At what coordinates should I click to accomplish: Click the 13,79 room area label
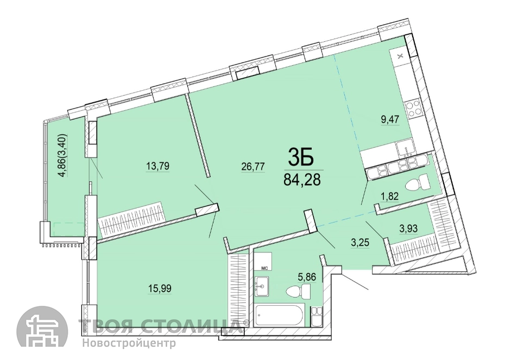[157, 167]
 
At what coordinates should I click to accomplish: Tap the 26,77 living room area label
[253, 167]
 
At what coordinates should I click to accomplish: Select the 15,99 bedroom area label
[160, 288]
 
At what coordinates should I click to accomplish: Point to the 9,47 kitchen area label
[390, 119]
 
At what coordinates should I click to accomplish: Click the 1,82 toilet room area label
[390, 197]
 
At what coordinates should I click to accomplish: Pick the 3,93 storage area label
[409, 229]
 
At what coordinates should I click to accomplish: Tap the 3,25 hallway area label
[360, 243]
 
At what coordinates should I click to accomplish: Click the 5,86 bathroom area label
[307, 277]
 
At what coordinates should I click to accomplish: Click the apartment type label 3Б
[301, 157]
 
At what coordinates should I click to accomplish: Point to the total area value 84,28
[302, 179]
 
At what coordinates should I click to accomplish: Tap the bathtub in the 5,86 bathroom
[280, 315]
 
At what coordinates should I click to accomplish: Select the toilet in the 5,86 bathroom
[298, 290]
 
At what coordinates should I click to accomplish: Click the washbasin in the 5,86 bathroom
[262, 287]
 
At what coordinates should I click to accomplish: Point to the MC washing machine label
[264, 268]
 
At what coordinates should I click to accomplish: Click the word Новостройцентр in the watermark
[129, 343]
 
